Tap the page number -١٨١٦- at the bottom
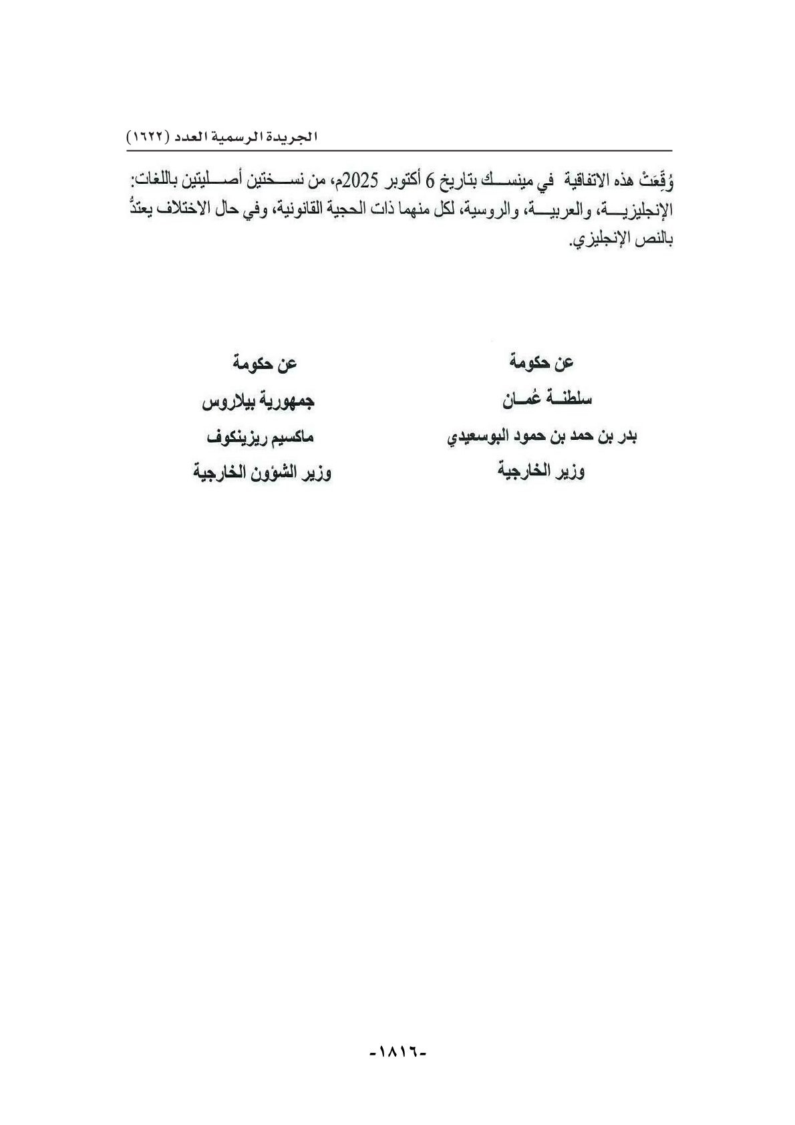397,1051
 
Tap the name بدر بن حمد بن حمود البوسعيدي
542,438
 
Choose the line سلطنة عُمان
547,400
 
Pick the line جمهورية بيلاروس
258,402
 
